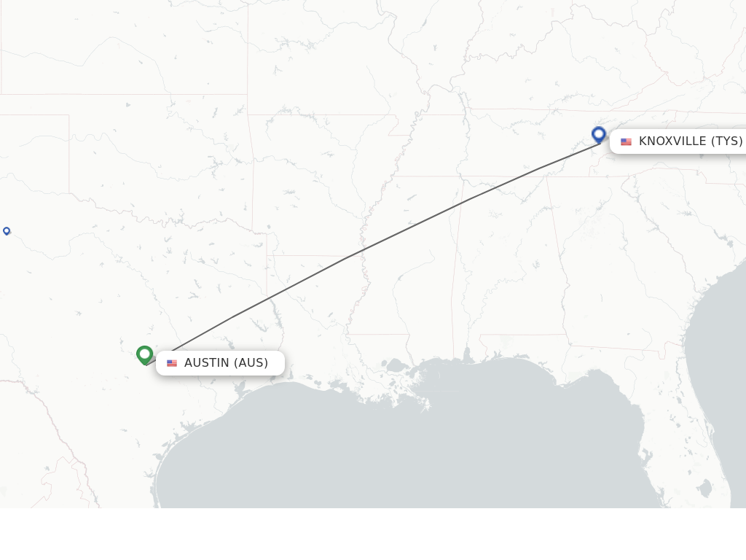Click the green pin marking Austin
(x=144, y=354)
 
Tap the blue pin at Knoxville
(x=599, y=134)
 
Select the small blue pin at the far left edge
(x=7, y=231)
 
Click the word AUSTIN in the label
(x=206, y=362)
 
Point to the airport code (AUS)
(x=251, y=362)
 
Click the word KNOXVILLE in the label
(x=672, y=141)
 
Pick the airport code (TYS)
(x=726, y=141)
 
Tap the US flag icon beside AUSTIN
(x=172, y=363)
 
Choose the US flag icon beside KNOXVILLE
(x=626, y=141)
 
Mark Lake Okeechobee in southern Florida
(x=705, y=487)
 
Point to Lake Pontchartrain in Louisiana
(x=398, y=365)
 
